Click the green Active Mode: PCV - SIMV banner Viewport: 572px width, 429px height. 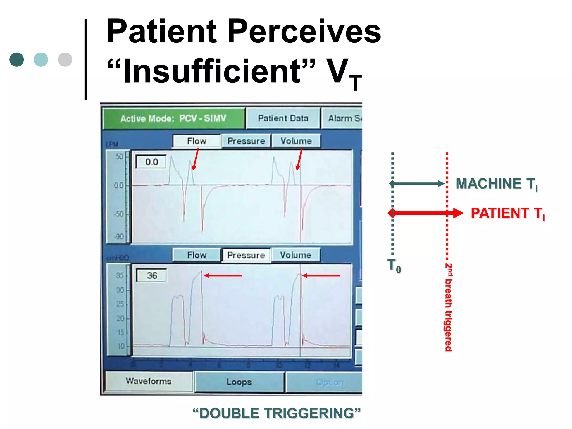coord(173,119)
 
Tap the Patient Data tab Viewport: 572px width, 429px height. coord(283,118)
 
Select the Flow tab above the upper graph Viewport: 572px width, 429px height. coord(197,141)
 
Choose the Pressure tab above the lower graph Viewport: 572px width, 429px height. coord(246,255)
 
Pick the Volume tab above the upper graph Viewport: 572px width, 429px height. coord(296,141)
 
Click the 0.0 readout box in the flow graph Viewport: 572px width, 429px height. coord(151,162)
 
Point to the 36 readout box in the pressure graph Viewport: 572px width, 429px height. coord(152,276)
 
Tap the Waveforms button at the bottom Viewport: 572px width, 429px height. coord(149,381)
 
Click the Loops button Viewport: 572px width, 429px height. coord(239,382)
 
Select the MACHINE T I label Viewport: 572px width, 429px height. coord(496,184)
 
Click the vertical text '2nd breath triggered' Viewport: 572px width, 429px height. coord(448,307)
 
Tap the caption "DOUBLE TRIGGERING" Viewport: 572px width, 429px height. coord(277,413)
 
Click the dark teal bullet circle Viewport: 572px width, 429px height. coord(17,59)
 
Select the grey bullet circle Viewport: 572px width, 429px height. coord(65,59)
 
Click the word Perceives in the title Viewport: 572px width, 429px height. coord(304,31)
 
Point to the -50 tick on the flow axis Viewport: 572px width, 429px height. coord(119,214)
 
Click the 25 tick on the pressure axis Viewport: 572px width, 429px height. coord(120,304)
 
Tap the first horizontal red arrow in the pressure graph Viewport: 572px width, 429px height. coord(223,276)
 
